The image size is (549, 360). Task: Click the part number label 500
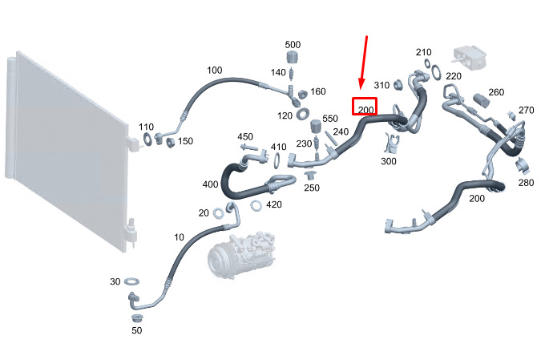coord(293,44)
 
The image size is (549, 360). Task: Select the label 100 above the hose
coord(215,71)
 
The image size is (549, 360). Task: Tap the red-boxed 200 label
coord(366,109)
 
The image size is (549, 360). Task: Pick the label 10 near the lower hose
coord(179,237)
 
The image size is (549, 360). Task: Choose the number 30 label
coord(115,281)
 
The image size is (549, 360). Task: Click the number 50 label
coord(136,330)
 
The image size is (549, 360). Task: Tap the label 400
coord(210,185)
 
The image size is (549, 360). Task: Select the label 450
coord(245,137)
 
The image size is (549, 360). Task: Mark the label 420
coord(274,204)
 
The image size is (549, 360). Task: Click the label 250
coord(312,188)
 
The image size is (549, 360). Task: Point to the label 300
coord(389,161)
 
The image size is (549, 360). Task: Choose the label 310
coord(381,85)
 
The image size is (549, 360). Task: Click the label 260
coord(496,92)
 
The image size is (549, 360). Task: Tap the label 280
coord(526,184)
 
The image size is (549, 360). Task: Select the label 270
coord(526,110)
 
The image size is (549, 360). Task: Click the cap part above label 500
coord(293,58)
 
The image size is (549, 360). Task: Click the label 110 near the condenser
coord(146,127)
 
